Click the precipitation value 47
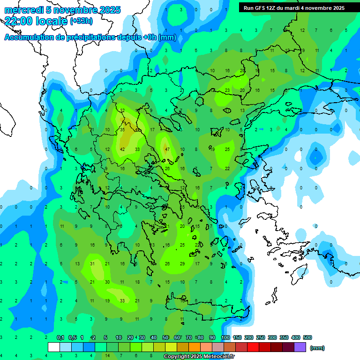click(x=167, y=149)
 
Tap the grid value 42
click(x=122, y=149)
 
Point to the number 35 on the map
click(x=122, y=129)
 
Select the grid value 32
click(x=122, y=110)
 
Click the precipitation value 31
click(x=92, y=264)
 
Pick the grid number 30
click(x=107, y=282)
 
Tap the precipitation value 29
click(x=182, y=264)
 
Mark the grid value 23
click(x=227, y=90)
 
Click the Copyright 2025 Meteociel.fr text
click(x=199, y=357)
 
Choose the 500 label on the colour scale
click(x=307, y=337)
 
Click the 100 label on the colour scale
click(x=225, y=337)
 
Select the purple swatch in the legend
click(x=300, y=347)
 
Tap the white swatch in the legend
click(x=54, y=347)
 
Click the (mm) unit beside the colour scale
click(x=317, y=348)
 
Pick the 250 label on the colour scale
click(x=260, y=337)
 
